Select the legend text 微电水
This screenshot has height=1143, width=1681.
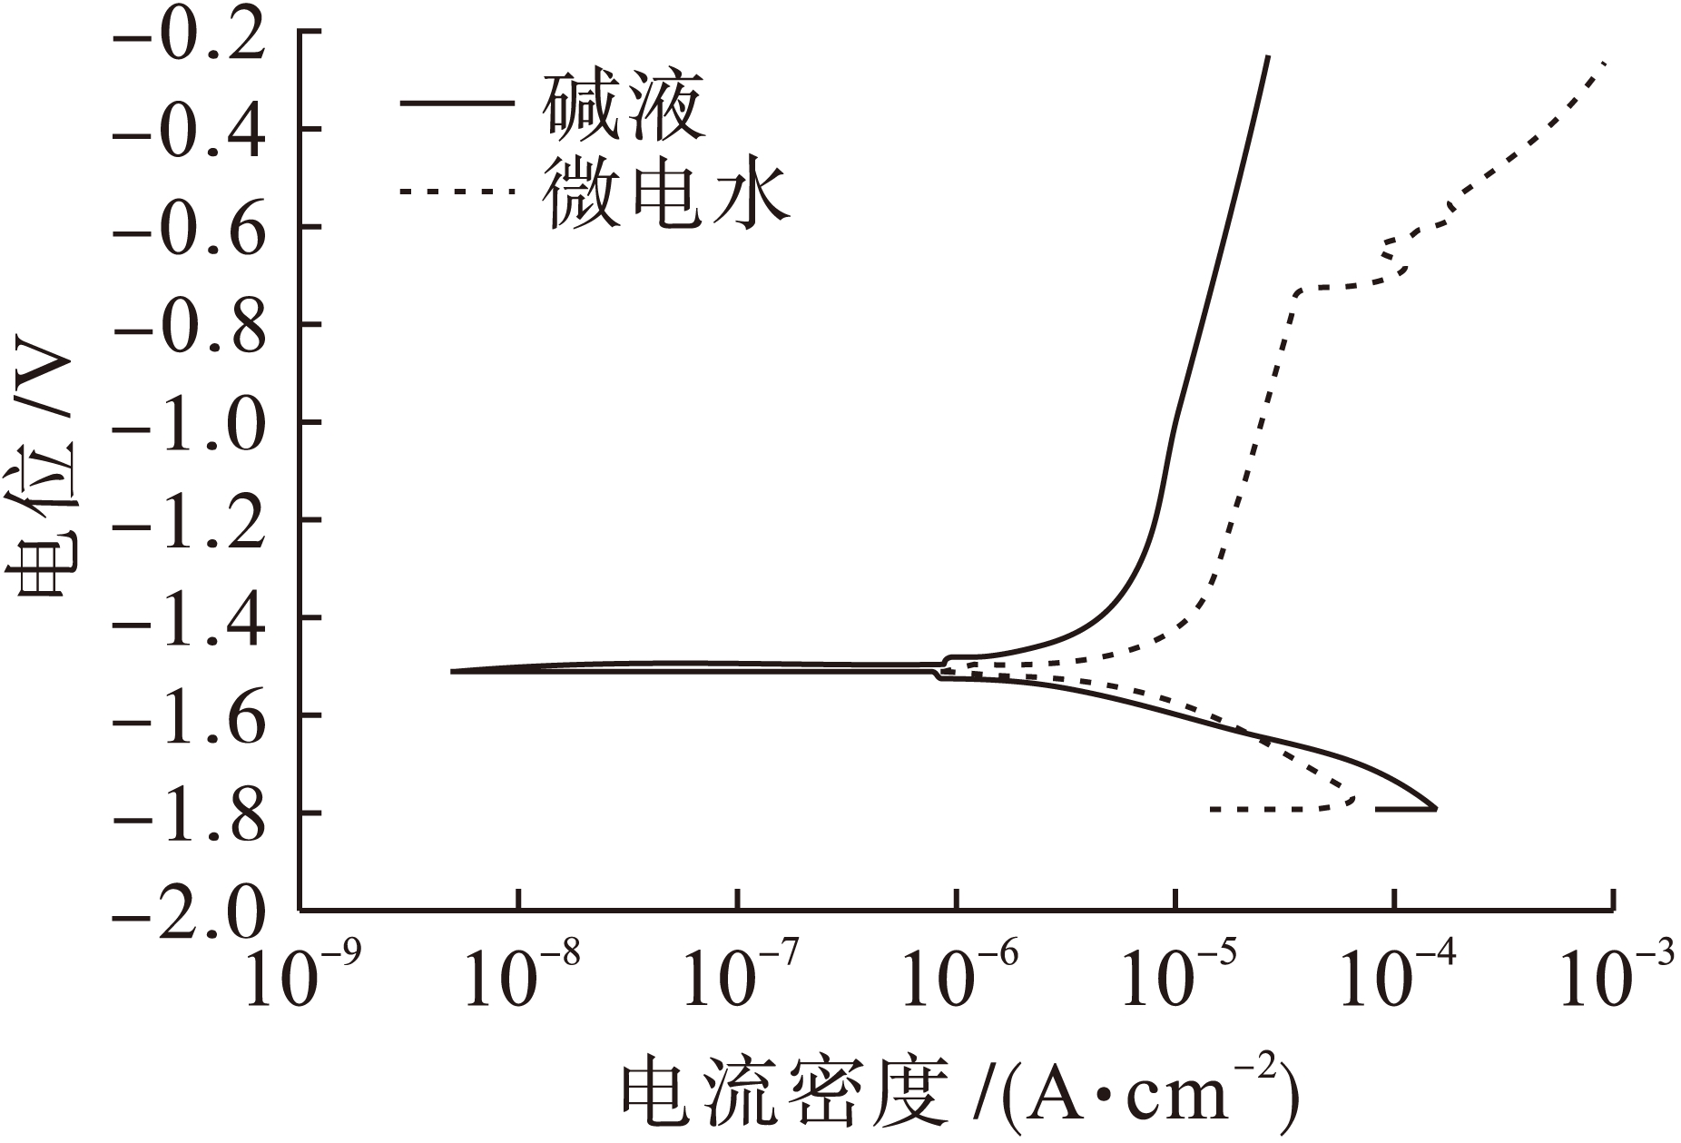pos(666,193)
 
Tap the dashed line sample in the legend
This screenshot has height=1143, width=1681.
pos(457,192)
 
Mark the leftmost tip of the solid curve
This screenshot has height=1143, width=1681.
pos(452,671)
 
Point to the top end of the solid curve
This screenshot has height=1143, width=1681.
pos(1268,57)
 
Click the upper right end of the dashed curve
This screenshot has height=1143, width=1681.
pos(1606,63)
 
